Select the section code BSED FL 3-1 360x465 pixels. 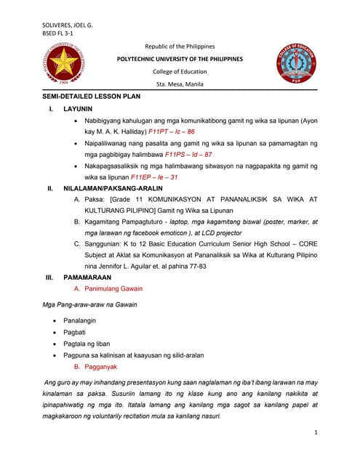[x=60, y=33]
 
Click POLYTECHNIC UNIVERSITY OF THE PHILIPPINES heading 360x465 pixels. [x=180, y=59]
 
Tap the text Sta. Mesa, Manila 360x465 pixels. [x=180, y=84]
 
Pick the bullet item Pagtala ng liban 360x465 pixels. [x=89, y=343]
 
